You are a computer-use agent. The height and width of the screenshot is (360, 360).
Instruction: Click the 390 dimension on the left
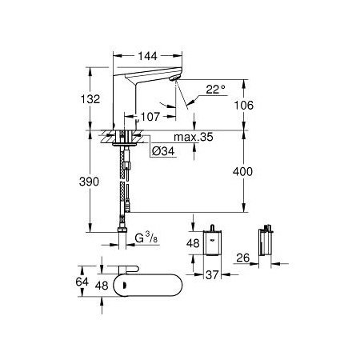click(x=92, y=182)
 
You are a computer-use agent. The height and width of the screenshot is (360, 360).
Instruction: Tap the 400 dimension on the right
click(x=255, y=171)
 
